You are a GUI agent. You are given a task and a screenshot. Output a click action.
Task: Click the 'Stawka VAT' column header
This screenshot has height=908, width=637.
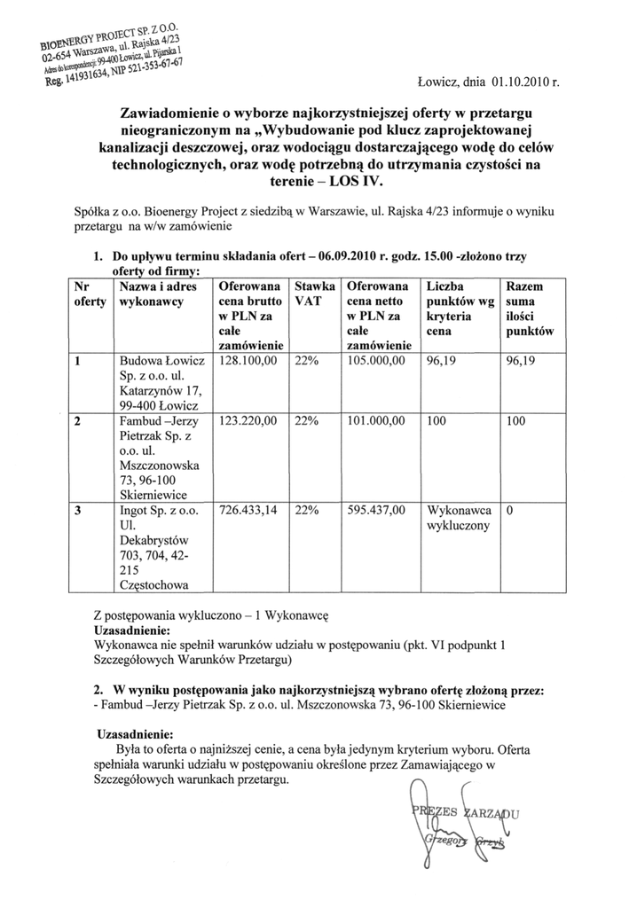(315, 294)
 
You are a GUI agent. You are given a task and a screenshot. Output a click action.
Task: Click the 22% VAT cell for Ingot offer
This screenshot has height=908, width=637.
(307, 511)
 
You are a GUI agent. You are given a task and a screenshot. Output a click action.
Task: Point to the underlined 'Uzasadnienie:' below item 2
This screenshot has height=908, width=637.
(134, 734)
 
